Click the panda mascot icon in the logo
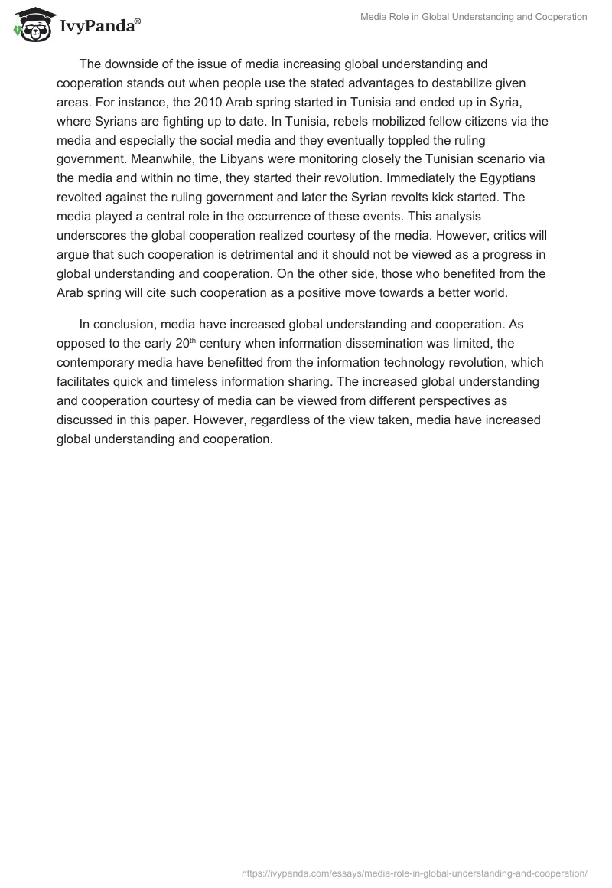point(30,25)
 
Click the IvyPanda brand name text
point(99,28)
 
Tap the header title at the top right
point(474,17)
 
